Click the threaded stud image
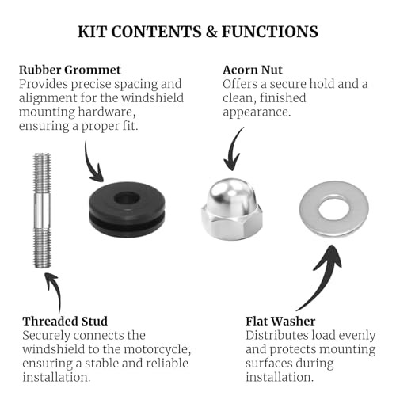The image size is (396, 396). coord(42,211)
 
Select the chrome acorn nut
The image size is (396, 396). coord(232,209)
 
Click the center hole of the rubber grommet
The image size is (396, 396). coord(127,198)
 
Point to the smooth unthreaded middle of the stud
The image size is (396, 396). coord(42,211)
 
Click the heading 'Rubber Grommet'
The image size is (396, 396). coord(70,70)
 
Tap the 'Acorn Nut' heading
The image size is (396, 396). coord(253,70)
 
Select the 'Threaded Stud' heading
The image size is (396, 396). coord(65,322)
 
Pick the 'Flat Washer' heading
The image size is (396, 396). coord(280,322)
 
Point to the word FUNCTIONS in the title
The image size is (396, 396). coord(270,32)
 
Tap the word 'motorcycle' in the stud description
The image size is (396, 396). coord(158,350)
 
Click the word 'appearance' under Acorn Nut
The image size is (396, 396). coord(257,112)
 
